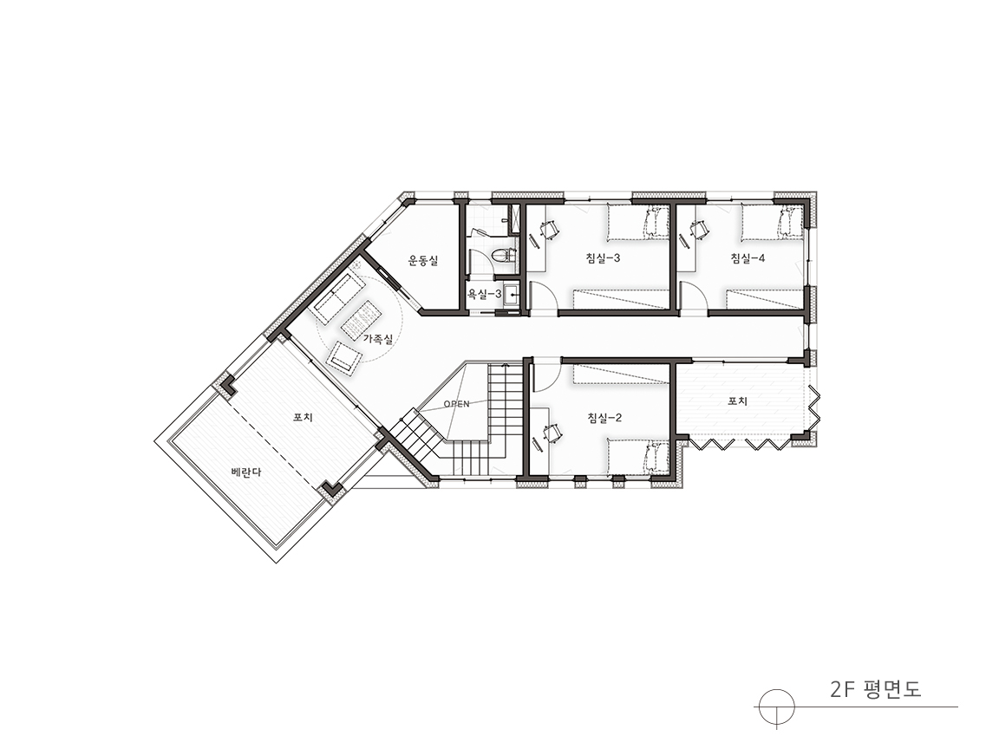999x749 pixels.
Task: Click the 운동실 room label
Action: (x=423, y=260)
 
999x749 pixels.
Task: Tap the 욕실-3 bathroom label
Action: (x=485, y=294)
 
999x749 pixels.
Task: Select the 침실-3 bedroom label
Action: (x=603, y=258)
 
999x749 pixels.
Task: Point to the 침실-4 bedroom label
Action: (x=748, y=258)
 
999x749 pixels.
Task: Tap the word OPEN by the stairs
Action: (x=456, y=404)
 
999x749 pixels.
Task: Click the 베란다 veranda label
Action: (x=246, y=472)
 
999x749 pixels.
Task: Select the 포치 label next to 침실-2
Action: (x=738, y=401)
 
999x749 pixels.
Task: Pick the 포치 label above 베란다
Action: (x=303, y=418)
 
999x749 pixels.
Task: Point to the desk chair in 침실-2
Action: (x=552, y=433)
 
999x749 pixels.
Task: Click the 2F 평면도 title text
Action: (x=876, y=690)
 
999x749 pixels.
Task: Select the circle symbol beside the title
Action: (x=777, y=707)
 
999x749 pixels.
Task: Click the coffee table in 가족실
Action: (x=362, y=318)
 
